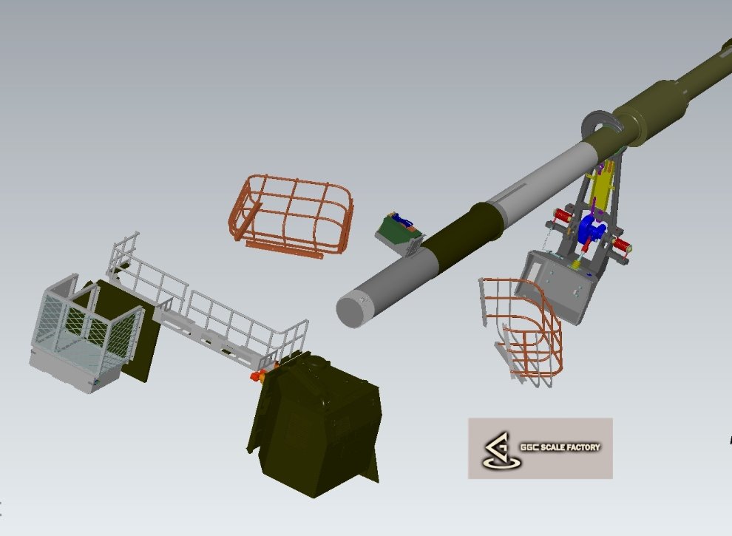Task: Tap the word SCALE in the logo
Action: click(x=551, y=447)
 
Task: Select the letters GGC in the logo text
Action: click(x=529, y=447)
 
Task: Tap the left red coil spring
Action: click(x=563, y=215)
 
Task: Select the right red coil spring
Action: click(x=621, y=245)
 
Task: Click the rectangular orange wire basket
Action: click(x=291, y=216)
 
